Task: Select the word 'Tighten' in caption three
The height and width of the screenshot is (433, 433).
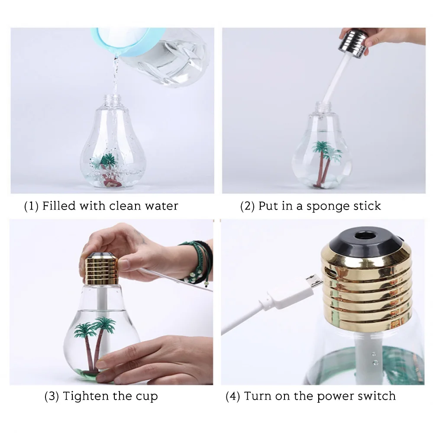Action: click(86, 396)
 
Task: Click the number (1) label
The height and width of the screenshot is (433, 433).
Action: click(31, 206)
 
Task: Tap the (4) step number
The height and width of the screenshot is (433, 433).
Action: click(233, 396)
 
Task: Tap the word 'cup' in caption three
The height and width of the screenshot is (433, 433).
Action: click(147, 397)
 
